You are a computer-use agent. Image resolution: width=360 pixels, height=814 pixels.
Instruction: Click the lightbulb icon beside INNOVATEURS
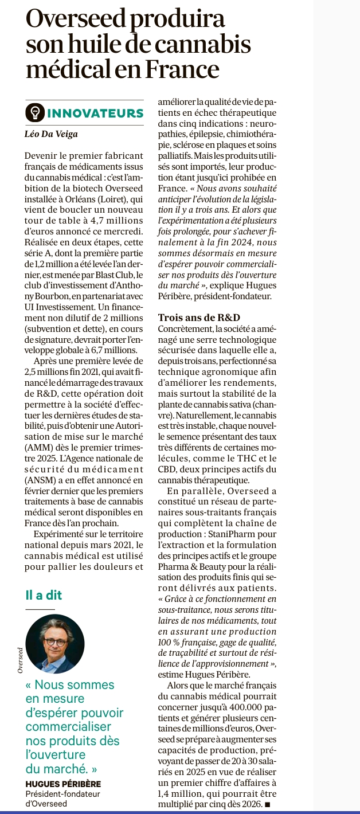[x=35, y=112]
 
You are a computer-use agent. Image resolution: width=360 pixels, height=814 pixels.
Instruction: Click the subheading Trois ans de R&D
[x=198, y=318]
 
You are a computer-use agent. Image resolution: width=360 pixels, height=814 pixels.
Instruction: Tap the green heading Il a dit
[x=44, y=594]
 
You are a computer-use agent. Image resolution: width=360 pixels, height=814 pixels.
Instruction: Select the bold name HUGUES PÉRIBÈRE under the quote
[x=63, y=784]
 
